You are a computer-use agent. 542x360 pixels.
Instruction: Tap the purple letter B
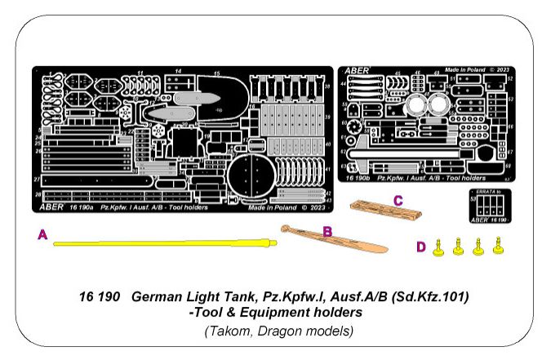(327, 232)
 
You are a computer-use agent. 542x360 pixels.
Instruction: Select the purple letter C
(398, 200)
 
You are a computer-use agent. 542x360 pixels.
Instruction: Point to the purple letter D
(421, 247)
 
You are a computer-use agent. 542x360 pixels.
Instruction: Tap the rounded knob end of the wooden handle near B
(286, 229)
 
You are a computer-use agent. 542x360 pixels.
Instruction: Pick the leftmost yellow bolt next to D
(439, 248)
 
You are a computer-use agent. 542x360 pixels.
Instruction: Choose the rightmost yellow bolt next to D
(497, 248)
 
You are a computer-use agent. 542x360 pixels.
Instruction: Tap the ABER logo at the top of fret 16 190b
(357, 71)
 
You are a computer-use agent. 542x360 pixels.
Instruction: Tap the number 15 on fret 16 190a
(216, 73)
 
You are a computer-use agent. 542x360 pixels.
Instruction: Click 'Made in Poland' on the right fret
(462, 70)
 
